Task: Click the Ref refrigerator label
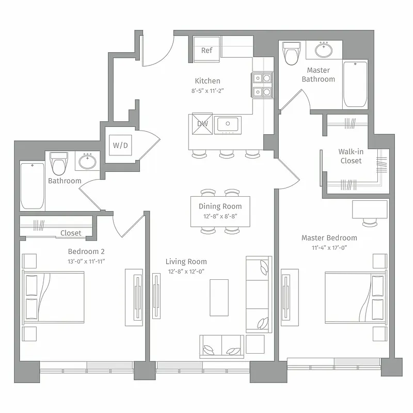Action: tap(206, 50)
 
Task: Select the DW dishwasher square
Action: tap(202, 124)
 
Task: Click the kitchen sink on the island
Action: tap(227, 124)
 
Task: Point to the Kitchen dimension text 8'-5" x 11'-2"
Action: tap(207, 90)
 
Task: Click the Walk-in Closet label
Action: tap(350, 156)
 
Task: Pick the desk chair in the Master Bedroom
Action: tap(370, 223)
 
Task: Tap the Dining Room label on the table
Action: tap(220, 206)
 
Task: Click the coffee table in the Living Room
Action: tap(219, 298)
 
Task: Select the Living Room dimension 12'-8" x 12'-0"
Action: tap(186, 272)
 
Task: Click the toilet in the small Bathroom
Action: tap(59, 164)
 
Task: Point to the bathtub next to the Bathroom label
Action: tap(32, 185)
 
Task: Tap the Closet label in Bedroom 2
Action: tap(71, 233)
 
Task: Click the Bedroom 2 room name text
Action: tap(86, 251)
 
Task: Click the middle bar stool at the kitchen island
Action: tap(226, 154)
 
